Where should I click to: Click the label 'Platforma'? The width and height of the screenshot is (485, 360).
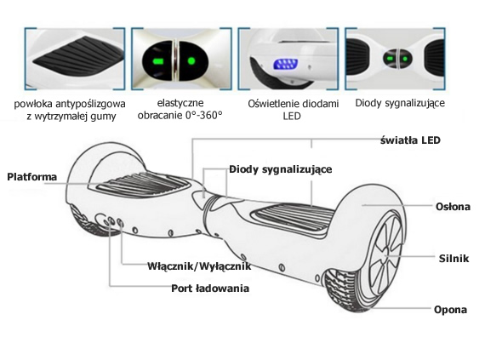[x=32, y=177]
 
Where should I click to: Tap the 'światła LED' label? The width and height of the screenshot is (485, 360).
[x=410, y=140]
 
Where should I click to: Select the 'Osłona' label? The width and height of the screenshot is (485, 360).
[x=453, y=206]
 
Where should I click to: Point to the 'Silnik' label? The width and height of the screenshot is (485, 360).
[x=454, y=258]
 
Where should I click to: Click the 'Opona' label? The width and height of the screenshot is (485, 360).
[x=450, y=310]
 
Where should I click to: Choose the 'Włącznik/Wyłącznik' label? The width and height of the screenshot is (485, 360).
[x=199, y=266]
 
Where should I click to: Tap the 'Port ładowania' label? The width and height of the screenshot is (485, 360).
[x=210, y=289]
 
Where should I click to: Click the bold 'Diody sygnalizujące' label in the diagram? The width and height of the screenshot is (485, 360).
[x=281, y=169]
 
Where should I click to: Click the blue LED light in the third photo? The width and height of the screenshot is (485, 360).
[x=285, y=64]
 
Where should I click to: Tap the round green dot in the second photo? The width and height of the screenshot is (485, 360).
[x=191, y=61]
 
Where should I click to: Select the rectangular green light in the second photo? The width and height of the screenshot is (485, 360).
[x=158, y=61]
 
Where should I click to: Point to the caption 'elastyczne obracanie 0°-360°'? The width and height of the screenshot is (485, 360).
[x=180, y=109]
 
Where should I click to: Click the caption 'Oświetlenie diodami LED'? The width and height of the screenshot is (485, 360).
[x=293, y=110]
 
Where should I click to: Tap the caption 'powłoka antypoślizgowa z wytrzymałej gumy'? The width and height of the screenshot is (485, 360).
[x=70, y=110]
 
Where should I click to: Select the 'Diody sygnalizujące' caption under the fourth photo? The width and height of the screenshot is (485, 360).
[x=400, y=103]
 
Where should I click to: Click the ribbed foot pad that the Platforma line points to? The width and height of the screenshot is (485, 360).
[x=142, y=185]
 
